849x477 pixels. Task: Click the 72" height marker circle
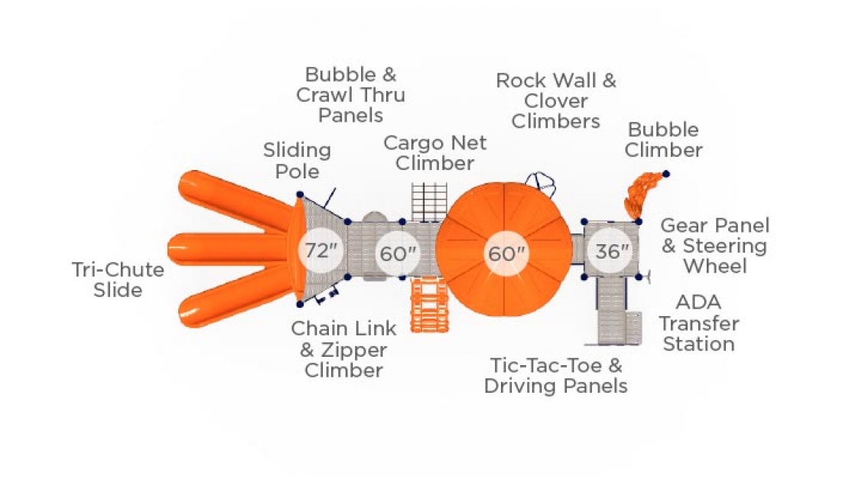pos(321,250)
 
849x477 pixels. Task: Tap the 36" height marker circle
pos(612,251)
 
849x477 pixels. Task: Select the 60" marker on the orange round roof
pos(506,253)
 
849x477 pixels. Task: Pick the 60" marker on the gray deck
pos(398,253)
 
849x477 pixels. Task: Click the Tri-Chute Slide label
pos(118,279)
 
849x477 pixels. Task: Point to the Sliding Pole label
pos(298,161)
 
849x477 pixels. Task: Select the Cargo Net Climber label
pos(434,153)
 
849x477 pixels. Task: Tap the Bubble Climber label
pos(663,140)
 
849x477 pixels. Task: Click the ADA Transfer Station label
pos(698,323)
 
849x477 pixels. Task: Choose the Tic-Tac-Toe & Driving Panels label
pos(556,376)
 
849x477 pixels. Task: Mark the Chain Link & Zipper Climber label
pos(344,350)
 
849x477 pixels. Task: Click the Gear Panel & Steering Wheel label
pos(714,246)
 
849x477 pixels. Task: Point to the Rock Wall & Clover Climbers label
pos(556,101)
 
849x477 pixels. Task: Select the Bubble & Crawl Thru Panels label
pos(351,95)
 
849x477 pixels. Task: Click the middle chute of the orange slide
pos(227,250)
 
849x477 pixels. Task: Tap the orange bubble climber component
pos(642,194)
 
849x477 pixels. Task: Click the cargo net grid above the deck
pos(429,201)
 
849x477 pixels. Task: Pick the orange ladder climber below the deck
pos(429,305)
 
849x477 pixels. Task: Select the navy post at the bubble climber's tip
pos(666,174)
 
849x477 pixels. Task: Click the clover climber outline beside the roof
pos(540,185)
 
